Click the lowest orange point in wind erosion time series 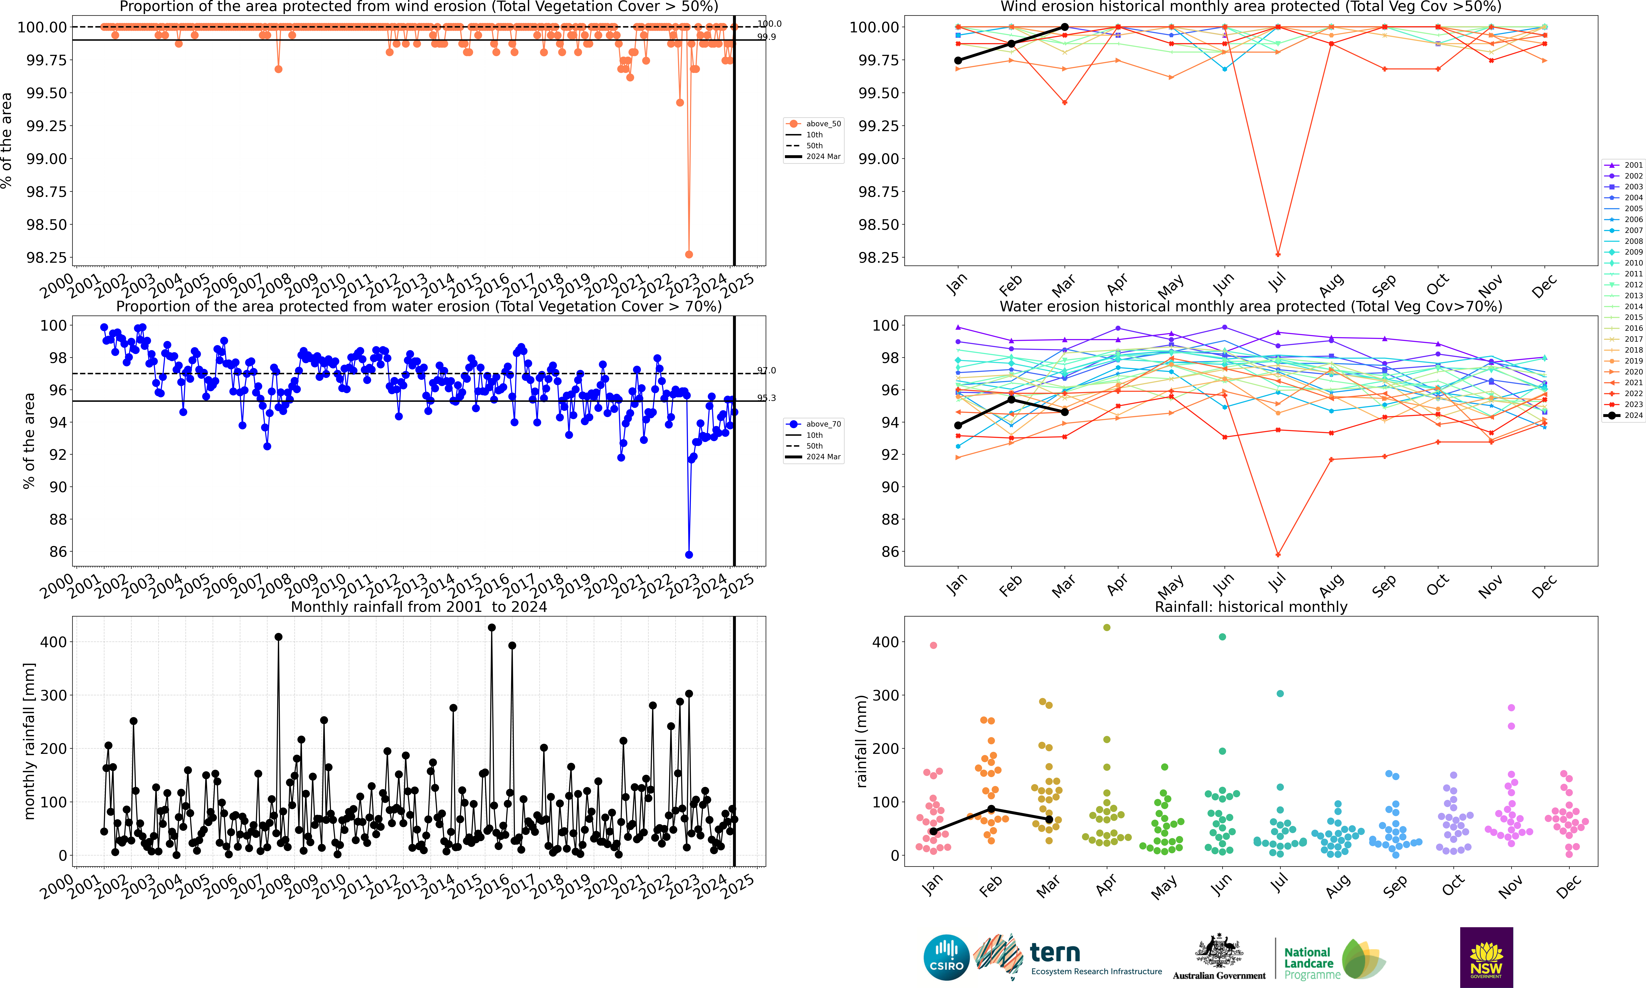689,254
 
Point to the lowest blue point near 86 689,555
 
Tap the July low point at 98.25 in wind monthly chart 1278,254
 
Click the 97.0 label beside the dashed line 766,370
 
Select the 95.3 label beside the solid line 766,398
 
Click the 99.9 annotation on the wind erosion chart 766,37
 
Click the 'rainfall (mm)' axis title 861,741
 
